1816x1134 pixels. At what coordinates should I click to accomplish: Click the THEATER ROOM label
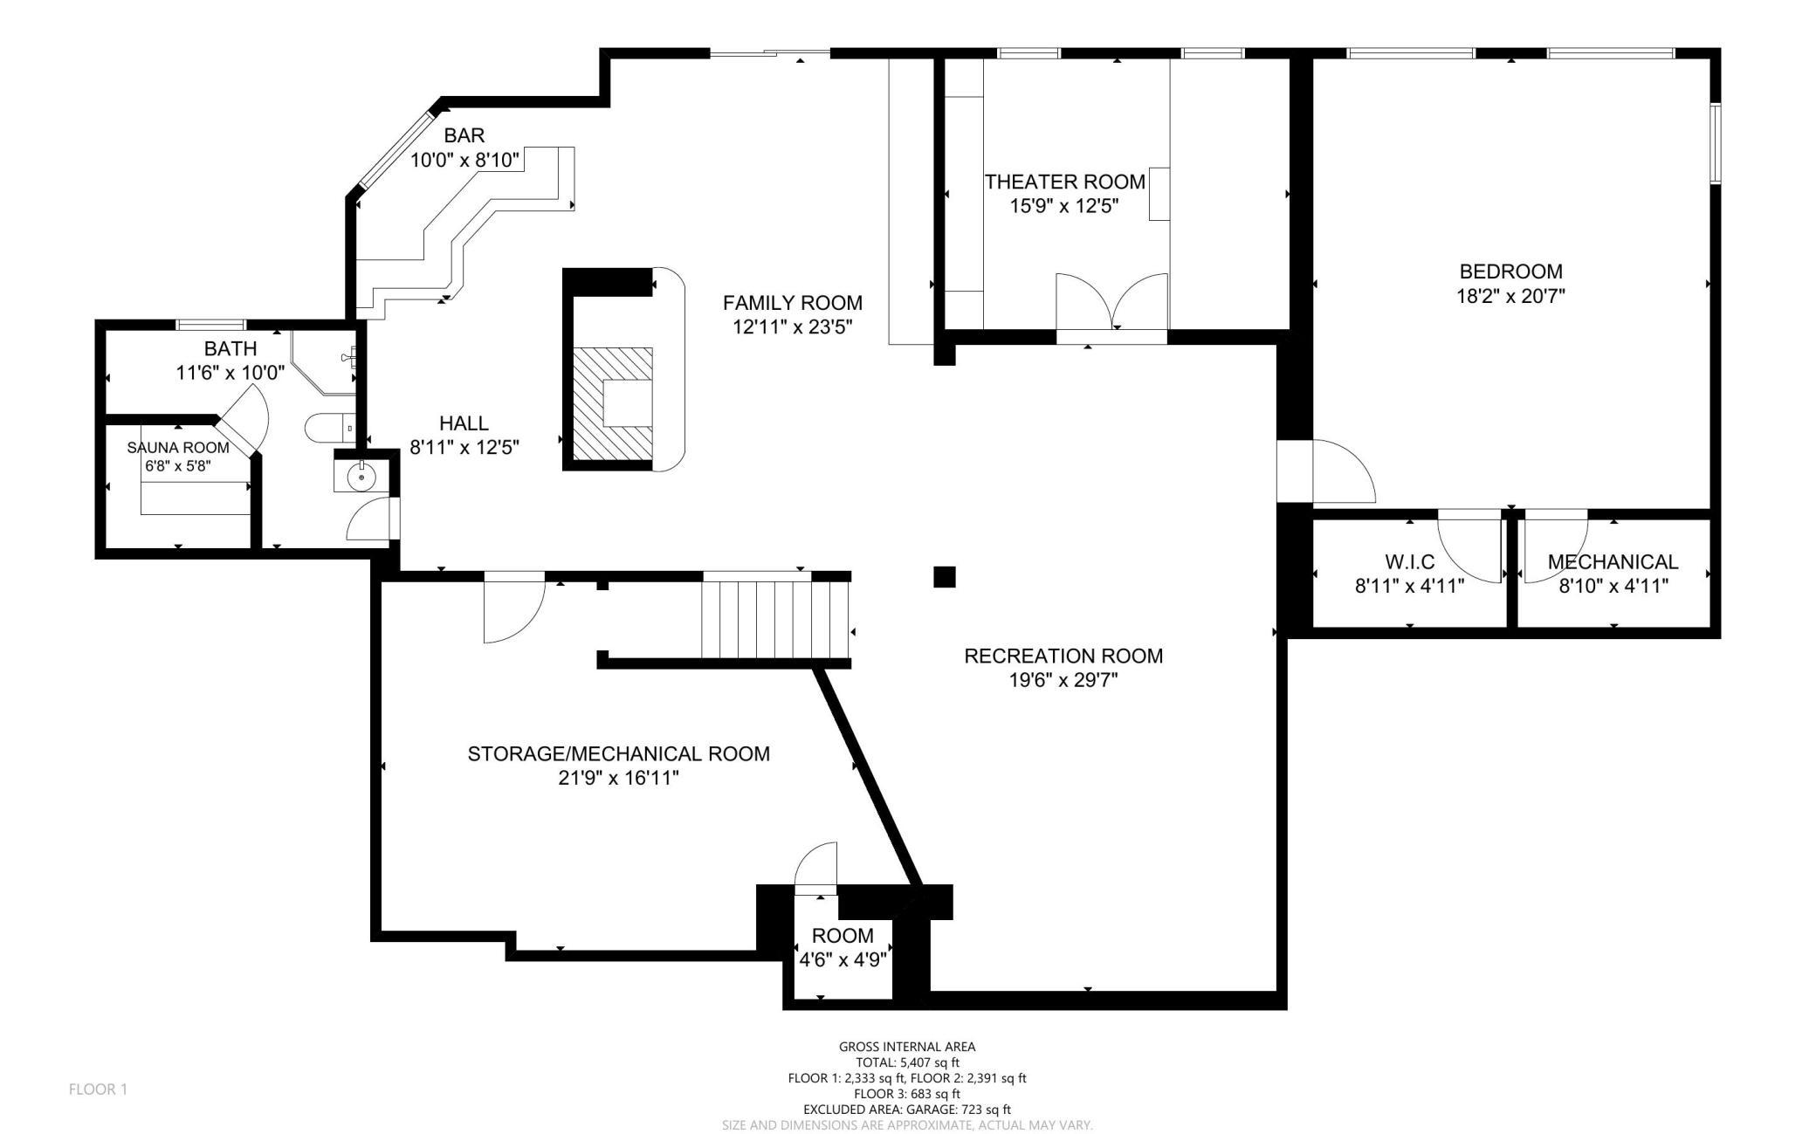click(1064, 182)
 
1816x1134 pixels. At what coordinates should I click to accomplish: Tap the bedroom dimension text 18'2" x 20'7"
click(1510, 296)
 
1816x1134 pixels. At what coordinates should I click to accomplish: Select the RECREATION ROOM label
click(1063, 656)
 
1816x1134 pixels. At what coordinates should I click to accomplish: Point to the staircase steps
click(775, 620)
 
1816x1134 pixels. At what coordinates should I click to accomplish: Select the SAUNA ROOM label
click(178, 448)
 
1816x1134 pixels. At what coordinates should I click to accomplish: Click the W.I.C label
click(1409, 562)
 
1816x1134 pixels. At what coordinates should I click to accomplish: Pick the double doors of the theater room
click(1112, 302)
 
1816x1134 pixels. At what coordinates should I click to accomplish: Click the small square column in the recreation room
click(945, 577)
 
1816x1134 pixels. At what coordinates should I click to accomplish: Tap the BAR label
click(464, 135)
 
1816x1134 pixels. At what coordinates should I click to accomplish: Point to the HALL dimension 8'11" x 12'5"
click(464, 448)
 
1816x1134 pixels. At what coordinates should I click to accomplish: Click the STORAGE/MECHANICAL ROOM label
click(619, 753)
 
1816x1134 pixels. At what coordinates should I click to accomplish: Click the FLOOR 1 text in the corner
click(98, 1089)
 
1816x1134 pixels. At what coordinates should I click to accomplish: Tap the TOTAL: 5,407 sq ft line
click(907, 1062)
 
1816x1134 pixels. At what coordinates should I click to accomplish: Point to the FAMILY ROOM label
click(793, 303)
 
